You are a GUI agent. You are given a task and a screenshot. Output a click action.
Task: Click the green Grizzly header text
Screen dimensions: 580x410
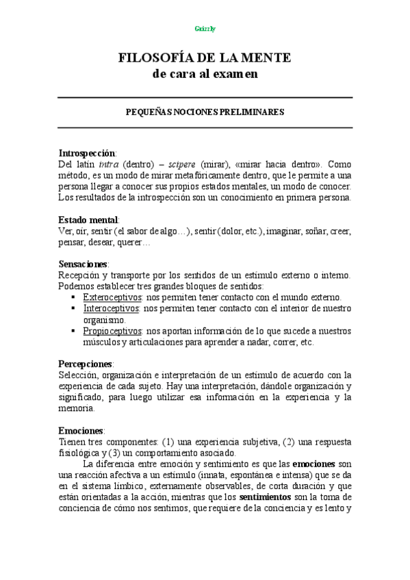(x=205, y=29)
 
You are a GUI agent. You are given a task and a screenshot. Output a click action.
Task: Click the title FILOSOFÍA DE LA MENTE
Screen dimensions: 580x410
(x=205, y=59)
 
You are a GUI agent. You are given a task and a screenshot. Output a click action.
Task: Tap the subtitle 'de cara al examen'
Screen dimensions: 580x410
(x=205, y=74)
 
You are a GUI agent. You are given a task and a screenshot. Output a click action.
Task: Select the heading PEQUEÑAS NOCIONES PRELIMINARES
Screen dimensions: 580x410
(x=205, y=111)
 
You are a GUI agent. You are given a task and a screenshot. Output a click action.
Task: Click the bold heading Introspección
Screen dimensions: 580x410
(x=88, y=153)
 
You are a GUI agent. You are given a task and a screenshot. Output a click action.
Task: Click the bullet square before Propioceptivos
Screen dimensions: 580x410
(x=73, y=331)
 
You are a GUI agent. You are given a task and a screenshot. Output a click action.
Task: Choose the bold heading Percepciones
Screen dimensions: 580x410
(x=86, y=363)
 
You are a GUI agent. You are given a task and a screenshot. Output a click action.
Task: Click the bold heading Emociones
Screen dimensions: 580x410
(x=81, y=431)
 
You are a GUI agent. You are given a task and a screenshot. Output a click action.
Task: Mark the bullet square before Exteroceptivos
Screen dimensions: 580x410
(x=73, y=298)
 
